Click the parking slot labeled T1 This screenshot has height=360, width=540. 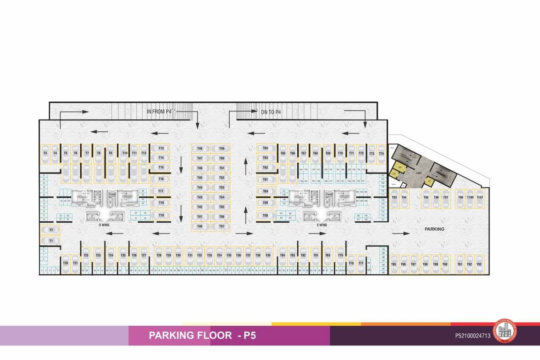(x=51, y=240)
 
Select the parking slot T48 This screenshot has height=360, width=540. (x=200, y=149)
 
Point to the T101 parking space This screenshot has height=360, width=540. (x=480, y=198)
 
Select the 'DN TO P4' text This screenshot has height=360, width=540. (x=270, y=112)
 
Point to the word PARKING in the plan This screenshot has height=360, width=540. (x=434, y=229)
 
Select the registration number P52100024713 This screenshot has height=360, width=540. (x=472, y=336)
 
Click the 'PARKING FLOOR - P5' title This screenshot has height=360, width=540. (x=202, y=336)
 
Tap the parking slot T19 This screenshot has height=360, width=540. (x=161, y=215)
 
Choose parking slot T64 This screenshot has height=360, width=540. (x=265, y=148)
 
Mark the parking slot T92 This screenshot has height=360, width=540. (x=479, y=264)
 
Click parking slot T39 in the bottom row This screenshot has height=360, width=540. (x=268, y=255)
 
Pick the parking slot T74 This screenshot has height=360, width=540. (x=382, y=153)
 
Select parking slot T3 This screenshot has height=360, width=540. (x=45, y=153)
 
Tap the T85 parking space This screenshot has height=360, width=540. (x=394, y=264)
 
